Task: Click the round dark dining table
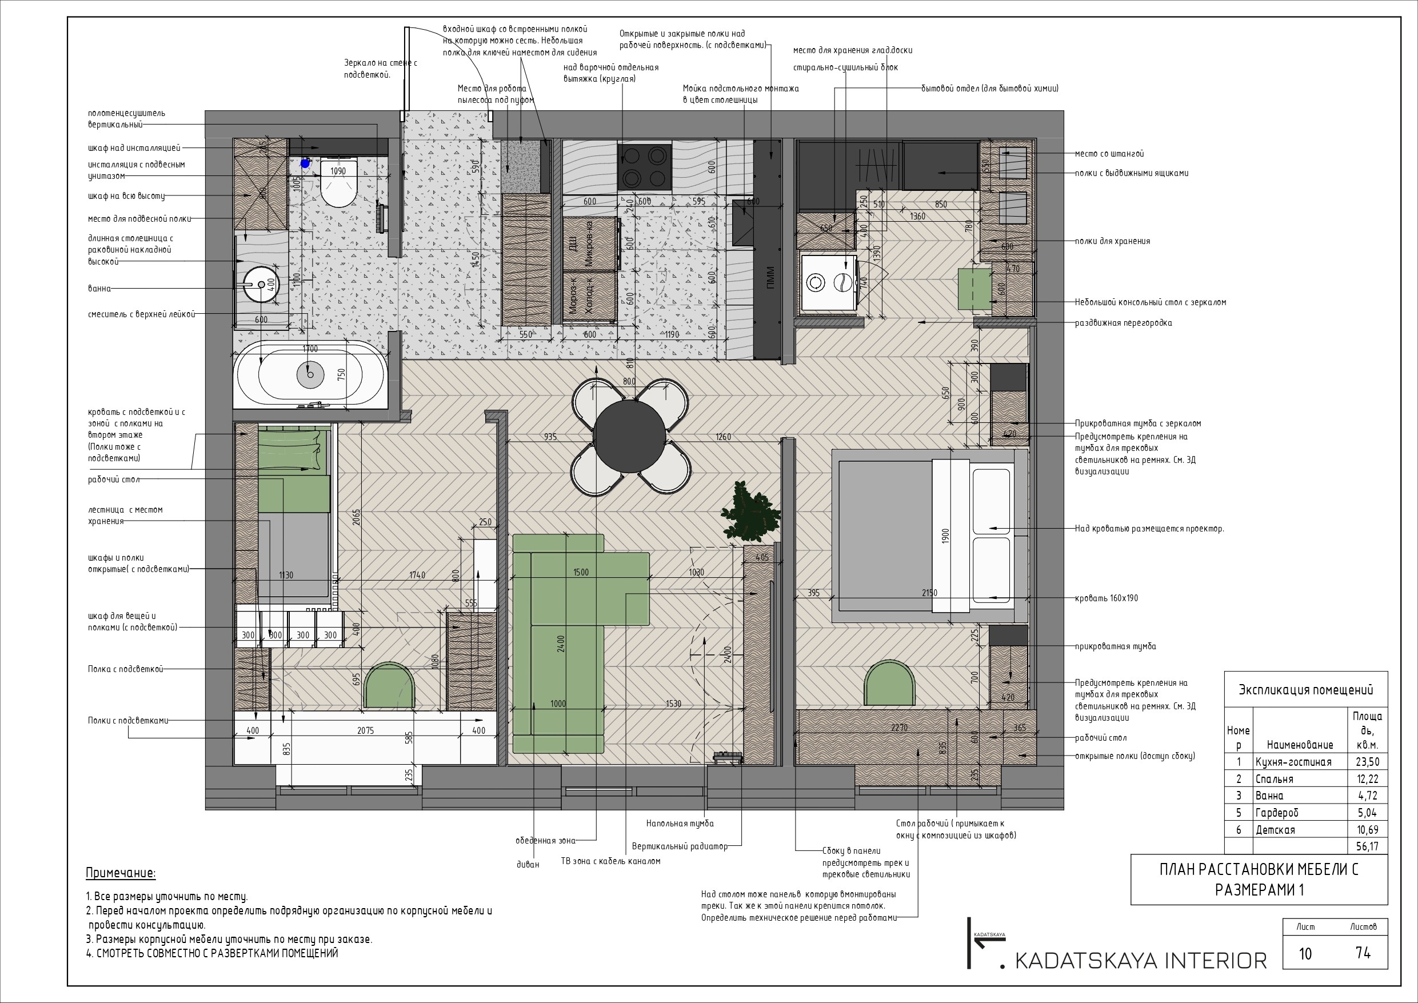point(629,436)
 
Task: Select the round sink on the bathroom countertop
point(261,285)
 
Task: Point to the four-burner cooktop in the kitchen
point(644,167)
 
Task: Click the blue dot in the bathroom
point(305,163)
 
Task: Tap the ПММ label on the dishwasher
point(769,278)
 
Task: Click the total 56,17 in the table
point(1367,847)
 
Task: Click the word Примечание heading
point(121,873)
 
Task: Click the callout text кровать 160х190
point(1106,598)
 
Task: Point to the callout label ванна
point(99,289)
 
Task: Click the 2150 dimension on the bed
point(929,593)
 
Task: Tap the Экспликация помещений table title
point(1305,690)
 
